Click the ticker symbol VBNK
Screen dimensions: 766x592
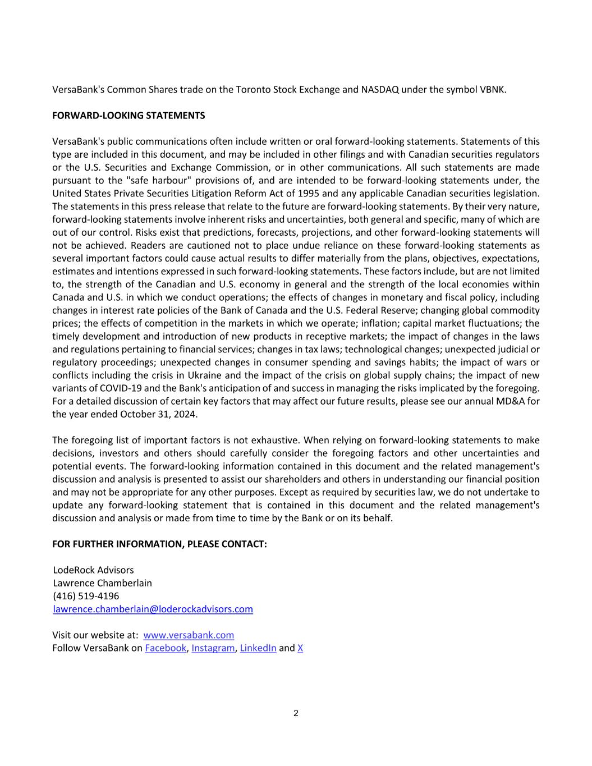[493, 90]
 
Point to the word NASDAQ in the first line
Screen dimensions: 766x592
[379, 90]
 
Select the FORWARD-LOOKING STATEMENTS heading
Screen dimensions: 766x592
[129, 116]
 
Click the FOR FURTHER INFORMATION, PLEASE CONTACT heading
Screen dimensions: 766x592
[159, 544]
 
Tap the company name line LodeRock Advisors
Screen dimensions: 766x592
[93, 570]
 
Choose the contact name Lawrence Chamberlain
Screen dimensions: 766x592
[102, 583]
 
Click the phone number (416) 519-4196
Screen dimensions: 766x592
[86, 596]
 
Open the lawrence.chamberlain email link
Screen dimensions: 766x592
[153, 609]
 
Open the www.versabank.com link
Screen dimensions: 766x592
[189, 635]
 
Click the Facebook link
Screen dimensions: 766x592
[165, 648]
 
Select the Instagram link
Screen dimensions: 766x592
[213, 648]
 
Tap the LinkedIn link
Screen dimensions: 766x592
[258, 648]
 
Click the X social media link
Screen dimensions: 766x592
[300, 648]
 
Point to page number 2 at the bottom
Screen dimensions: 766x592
[296, 713]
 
